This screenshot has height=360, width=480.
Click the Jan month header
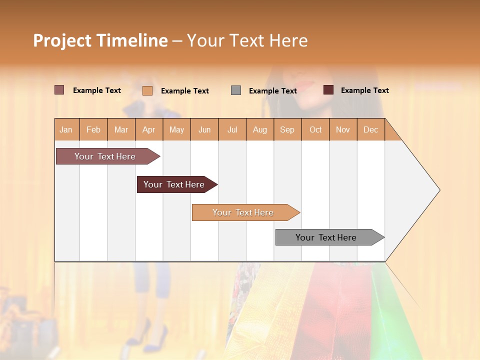tap(66, 130)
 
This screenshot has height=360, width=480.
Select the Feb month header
tap(93, 130)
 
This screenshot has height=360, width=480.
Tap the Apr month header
tap(149, 130)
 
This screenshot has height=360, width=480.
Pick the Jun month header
tap(204, 130)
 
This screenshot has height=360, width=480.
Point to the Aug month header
tap(260, 130)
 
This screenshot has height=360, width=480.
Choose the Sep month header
tap(287, 130)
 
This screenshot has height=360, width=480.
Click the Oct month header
tap(315, 130)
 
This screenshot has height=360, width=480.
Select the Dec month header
tap(370, 130)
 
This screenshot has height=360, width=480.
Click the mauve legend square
tap(59, 90)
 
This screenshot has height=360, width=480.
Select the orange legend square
tap(147, 90)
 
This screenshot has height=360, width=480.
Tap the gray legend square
tap(236, 90)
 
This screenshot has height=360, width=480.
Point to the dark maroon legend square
tap(328, 90)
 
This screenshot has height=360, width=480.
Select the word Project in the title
tap(62, 40)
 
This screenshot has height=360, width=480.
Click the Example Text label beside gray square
tap(273, 91)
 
